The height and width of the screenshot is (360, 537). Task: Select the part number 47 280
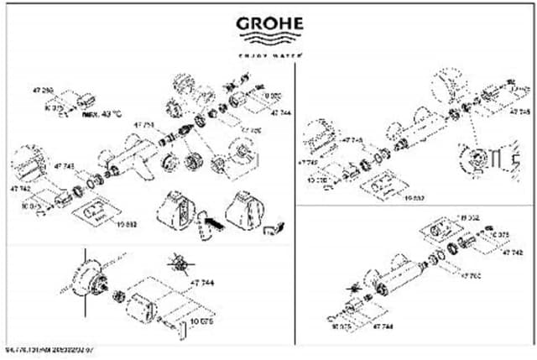tap(42, 90)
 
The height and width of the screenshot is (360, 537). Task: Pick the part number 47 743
tap(65, 166)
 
